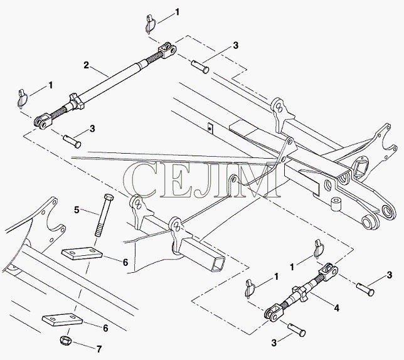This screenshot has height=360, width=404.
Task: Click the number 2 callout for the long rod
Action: [86, 65]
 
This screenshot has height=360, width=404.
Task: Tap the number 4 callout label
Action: [337, 308]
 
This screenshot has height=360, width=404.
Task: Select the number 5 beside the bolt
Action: [77, 210]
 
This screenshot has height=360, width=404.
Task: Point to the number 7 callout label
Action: [99, 349]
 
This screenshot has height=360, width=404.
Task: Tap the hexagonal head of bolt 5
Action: [109, 198]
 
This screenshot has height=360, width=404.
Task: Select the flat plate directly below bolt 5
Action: [82, 253]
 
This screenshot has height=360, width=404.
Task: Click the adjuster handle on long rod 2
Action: [77, 102]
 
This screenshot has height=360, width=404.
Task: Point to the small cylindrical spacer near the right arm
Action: [336, 204]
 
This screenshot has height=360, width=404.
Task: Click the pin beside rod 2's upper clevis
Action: [200, 66]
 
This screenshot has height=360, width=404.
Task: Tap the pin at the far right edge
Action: [365, 289]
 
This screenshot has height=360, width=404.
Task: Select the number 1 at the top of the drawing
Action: [177, 12]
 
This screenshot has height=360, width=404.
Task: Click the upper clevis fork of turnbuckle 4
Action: [328, 272]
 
